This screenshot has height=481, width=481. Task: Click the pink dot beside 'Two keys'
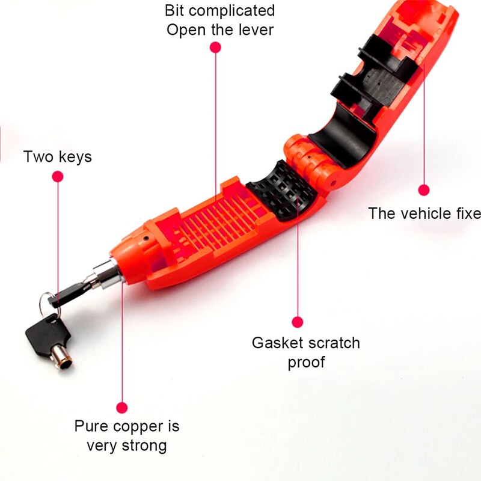(58, 176)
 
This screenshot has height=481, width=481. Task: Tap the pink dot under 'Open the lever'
(215, 48)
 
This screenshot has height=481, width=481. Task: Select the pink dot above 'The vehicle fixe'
(424, 190)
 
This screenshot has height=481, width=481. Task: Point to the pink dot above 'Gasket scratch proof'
(296, 322)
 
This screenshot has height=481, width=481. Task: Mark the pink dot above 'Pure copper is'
(122, 407)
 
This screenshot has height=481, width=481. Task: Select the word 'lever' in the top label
(254, 29)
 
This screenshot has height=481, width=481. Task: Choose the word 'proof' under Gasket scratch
(306, 363)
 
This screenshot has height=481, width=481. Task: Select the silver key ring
(47, 301)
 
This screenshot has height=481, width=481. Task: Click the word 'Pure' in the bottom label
(89, 427)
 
